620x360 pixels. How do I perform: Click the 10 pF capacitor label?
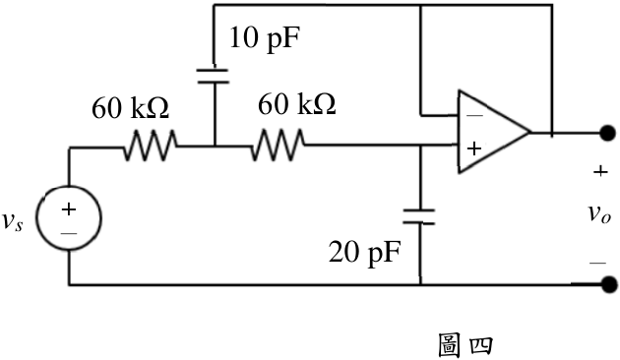click(264, 38)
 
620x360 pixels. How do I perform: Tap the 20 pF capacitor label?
click(364, 252)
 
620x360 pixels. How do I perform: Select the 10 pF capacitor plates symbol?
click(213, 77)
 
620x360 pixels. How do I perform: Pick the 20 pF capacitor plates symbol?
click(419, 217)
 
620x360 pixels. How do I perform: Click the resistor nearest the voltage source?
click(151, 146)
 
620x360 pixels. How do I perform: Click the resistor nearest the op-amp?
click(278, 145)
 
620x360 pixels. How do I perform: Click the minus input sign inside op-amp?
click(474, 115)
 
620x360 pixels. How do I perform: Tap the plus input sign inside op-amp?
click(474, 149)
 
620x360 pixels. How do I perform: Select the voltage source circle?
click(69, 217)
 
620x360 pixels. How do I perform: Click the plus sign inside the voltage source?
click(69, 210)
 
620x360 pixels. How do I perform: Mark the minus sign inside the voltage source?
click(69, 233)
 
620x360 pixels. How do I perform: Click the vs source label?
click(13, 221)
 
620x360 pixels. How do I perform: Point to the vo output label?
click(599, 214)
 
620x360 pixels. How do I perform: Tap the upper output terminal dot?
click(607, 133)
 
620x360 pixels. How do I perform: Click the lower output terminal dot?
click(608, 284)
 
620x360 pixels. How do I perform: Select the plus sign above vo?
click(600, 171)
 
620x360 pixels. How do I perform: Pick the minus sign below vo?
click(598, 263)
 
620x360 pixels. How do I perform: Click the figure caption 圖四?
click(465, 345)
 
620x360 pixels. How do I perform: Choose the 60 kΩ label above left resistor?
click(131, 108)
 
